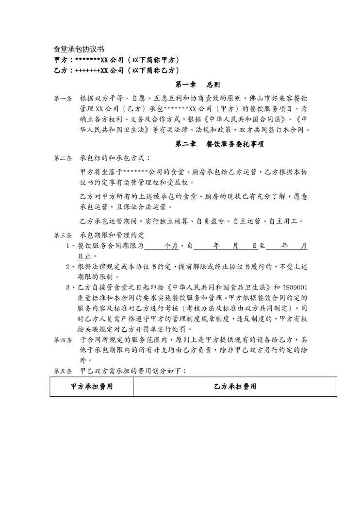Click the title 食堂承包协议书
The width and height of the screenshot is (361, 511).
(x=78, y=50)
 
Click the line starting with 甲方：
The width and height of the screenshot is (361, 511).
(x=116, y=60)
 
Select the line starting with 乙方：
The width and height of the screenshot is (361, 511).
(x=116, y=70)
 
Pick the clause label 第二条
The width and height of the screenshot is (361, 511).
(x=63, y=158)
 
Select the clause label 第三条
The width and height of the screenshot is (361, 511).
(x=63, y=236)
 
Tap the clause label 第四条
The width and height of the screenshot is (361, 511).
(x=63, y=340)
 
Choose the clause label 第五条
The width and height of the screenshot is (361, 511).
(x=63, y=371)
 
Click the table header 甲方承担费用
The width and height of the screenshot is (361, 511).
(x=92, y=387)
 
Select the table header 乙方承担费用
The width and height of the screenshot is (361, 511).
(x=235, y=387)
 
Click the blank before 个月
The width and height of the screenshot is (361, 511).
(x=154, y=246)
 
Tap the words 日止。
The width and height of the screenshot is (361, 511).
(x=88, y=256)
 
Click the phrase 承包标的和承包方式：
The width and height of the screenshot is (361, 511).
(x=115, y=158)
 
